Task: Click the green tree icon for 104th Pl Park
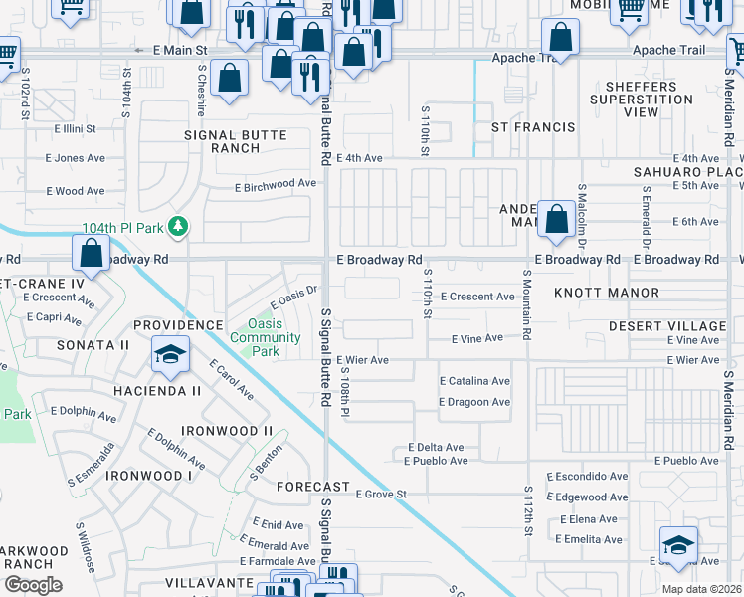pos(178,228)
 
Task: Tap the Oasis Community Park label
pos(274,337)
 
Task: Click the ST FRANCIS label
pos(534,127)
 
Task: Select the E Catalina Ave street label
pos(474,381)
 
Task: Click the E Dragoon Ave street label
pos(474,402)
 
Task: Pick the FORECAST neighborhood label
pos(312,487)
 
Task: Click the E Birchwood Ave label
pos(275,184)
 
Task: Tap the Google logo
pos(32,584)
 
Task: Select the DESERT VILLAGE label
pos(667,326)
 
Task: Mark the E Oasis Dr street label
pos(293,298)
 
